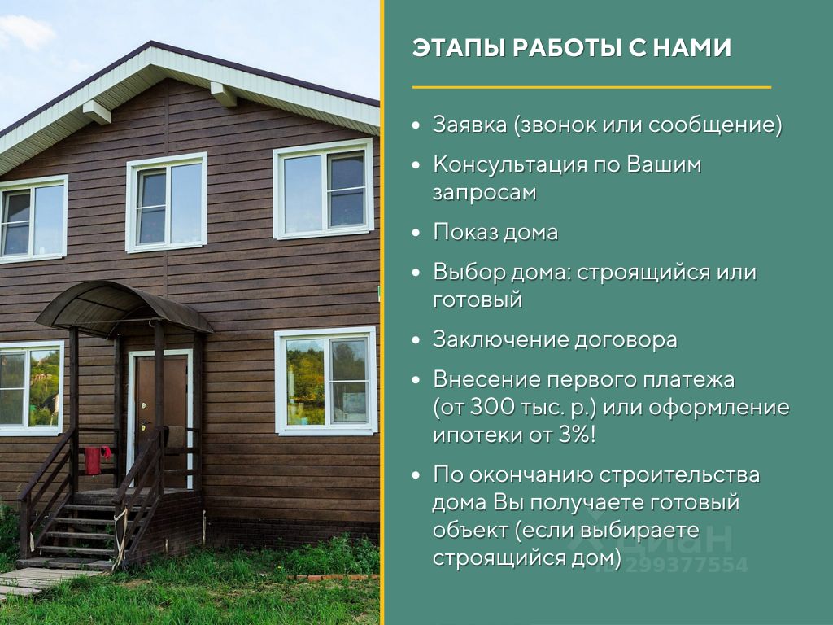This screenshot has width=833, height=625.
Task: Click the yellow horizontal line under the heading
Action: point(591,86)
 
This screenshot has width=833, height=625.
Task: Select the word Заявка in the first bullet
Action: point(469,125)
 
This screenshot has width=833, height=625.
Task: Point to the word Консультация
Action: point(510,164)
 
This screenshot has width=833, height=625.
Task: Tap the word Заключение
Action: point(499,340)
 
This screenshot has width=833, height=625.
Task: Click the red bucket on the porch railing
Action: point(94,461)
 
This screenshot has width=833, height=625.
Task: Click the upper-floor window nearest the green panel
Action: point(324,189)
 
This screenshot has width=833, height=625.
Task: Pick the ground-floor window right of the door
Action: point(326,381)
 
